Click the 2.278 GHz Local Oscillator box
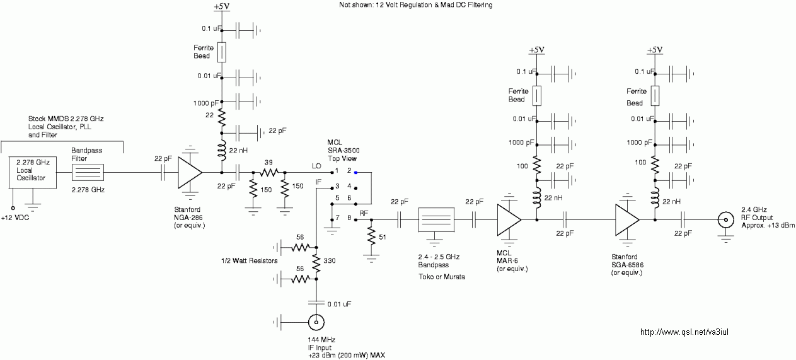click(x=33, y=172)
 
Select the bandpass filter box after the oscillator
click(x=88, y=173)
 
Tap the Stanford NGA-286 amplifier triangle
click(x=190, y=173)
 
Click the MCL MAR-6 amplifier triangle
click(x=509, y=220)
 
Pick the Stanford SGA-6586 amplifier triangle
click(x=628, y=220)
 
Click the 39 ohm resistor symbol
click(x=268, y=173)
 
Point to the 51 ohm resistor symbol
click(x=371, y=236)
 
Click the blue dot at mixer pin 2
click(x=355, y=173)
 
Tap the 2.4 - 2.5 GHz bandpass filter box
click(x=436, y=220)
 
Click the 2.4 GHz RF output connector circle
click(x=726, y=220)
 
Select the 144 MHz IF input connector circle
click(x=316, y=323)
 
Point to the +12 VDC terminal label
click(x=15, y=218)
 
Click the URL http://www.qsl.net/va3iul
click(x=684, y=332)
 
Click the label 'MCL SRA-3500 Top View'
click(x=343, y=151)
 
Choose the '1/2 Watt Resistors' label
click(x=250, y=261)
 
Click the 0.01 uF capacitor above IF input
click(x=316, y=303)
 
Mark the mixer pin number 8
click(x=349, y=218)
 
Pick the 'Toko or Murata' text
click(x=442, y=277)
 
